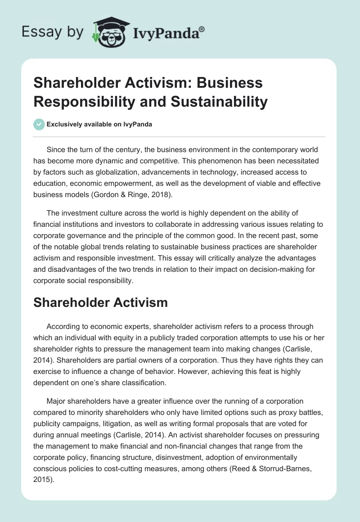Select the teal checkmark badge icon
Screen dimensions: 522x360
39,125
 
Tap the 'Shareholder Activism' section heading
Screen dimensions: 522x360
100,302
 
